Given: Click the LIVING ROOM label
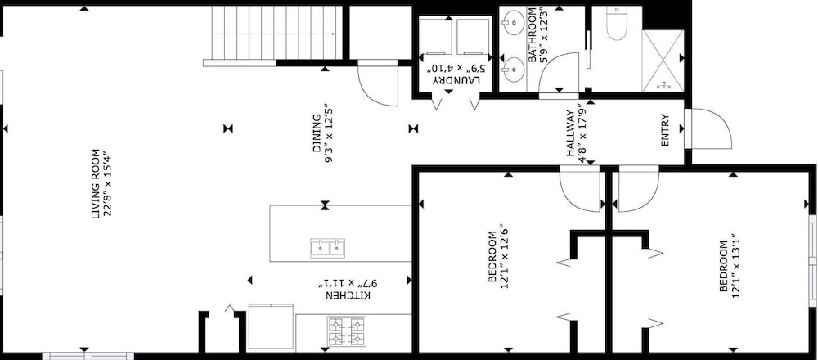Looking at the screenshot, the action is click(96, 183).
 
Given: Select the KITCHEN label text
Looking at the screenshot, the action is click(349, 296).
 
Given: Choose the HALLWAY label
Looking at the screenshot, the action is click(570, 133).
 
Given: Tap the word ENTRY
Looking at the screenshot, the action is click(664, 130).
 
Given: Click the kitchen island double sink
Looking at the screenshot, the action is click(328, 248).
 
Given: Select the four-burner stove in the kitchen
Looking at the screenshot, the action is click(346, 332).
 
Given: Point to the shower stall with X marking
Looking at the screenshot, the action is click(663, 61).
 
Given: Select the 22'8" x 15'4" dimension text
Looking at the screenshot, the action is click(108, 183).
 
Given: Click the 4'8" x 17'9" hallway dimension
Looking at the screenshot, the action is click(582, 135).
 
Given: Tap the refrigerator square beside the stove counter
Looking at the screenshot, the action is click(271, 326).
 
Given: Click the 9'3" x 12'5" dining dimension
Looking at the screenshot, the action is click(329, 133).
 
